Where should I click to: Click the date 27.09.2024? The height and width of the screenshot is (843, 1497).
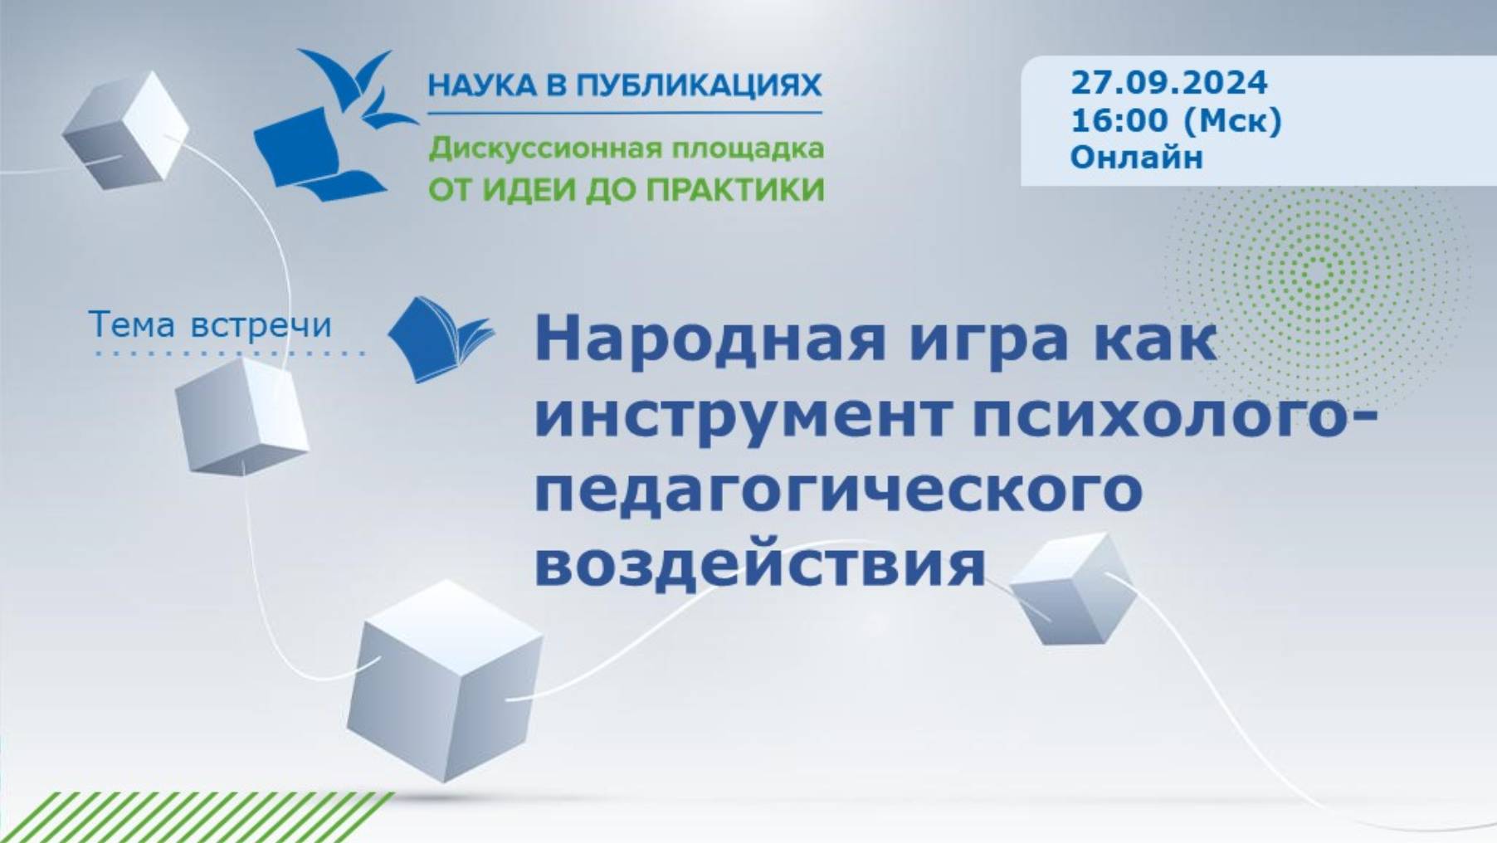pos(1168,83)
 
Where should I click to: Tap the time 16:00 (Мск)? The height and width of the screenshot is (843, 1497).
pos(1176,121)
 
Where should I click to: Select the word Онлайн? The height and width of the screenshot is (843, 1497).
pos(1136,157)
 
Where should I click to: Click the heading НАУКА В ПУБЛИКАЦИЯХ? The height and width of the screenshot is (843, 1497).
pos(624,85)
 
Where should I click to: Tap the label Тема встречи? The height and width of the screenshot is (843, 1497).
pos(210,324)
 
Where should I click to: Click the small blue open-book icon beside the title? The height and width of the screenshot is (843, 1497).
pos(440,339)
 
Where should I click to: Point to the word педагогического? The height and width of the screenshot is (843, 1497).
pos(838,490)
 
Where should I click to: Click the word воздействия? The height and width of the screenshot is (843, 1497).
pos(759,564)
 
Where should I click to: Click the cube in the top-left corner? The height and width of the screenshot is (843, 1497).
pos(126,131)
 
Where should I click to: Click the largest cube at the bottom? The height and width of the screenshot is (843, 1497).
pos(445,680)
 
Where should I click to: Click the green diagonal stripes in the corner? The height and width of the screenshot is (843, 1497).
pos(191,818)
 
